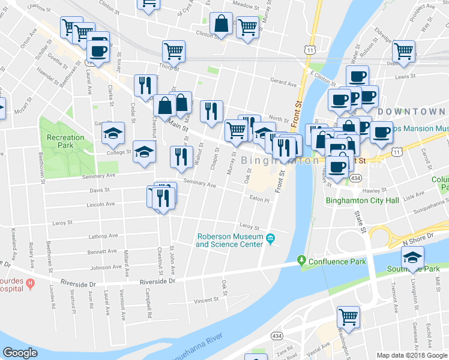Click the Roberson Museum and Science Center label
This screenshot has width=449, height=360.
(x=229, y=240)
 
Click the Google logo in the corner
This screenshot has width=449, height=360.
(x=20, y=353)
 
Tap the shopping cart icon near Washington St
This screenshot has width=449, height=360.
(x=348, y=316)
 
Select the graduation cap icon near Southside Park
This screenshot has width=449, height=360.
(x=412, y=259)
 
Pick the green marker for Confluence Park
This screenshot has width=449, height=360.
(x=301, y=262)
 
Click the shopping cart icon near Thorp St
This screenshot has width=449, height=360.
(x=173, y=52)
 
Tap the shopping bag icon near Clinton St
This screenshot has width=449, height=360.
(x=221, y=24)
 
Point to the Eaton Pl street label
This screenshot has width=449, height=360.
(x=260, y=198)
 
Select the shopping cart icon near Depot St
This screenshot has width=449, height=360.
(x=404, y=50)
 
